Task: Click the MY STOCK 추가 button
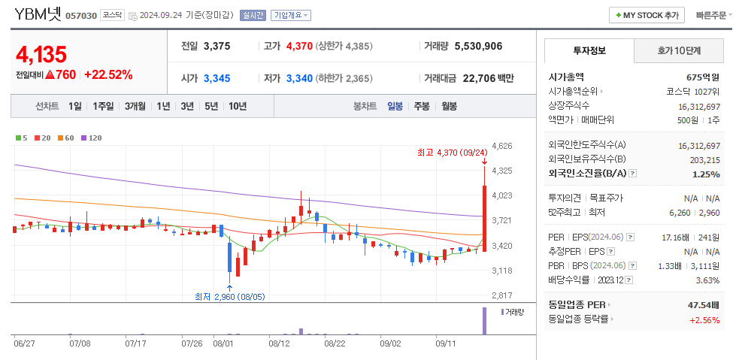[647, 15]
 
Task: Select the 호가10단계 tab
[679, 51]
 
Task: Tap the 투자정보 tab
[589, 51]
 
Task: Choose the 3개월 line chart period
[135, 106]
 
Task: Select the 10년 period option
[237, 106]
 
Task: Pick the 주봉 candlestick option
[422, 106]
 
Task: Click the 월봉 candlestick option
[449, 106]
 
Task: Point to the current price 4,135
[41, 54]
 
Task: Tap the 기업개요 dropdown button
[290, 15]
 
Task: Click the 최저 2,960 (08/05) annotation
[229, 296]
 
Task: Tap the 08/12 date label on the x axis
[279, 343]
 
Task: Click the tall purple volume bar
[484, 321]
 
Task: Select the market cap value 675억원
[703, 77]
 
